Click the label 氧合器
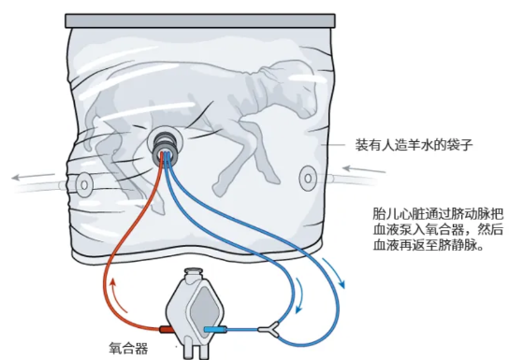(x=128, y=348)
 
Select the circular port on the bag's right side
(x=306, y=175)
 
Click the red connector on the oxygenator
(x=165, y=330)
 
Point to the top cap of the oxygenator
(x=194, y=277)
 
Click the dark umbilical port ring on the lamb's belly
(x=166, y=143)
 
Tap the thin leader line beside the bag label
(x=334, y=147)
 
